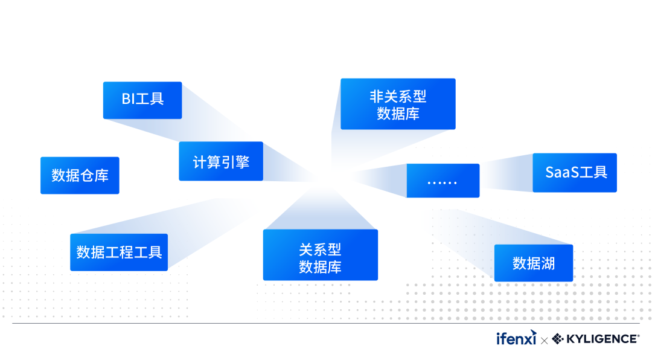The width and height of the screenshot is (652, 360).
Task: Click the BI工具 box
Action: click(x=142, y=100)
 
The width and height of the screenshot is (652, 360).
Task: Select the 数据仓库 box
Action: click(x=80, y=175)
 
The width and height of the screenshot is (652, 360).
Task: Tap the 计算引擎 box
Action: click(x=221, y=161)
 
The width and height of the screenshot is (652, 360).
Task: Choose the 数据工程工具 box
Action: click(x=119, y=252)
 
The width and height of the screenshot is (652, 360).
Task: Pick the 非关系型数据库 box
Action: click(x=398, y=104)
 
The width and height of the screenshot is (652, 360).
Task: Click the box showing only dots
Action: click(x=443, y=181)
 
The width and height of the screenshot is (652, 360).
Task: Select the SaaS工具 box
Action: click(x=575, y=172)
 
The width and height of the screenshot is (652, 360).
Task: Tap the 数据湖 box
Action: click(x=534, y=263)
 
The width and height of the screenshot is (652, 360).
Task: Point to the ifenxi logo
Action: click(x=516, y=339)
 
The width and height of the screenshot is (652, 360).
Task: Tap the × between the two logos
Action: click(x=545, y=341)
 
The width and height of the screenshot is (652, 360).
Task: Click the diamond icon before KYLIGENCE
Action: click(x=558, y=339)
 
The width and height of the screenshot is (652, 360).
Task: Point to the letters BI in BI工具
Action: click(x=128, y=99)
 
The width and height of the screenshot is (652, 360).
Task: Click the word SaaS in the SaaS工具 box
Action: click(x=563, y=172)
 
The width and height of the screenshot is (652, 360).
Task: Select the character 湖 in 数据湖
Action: click(x=548, y=263)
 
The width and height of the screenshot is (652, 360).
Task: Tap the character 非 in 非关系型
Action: click(x=377, y=96)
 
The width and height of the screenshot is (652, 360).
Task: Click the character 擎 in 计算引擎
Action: click(x=242, y=162)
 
